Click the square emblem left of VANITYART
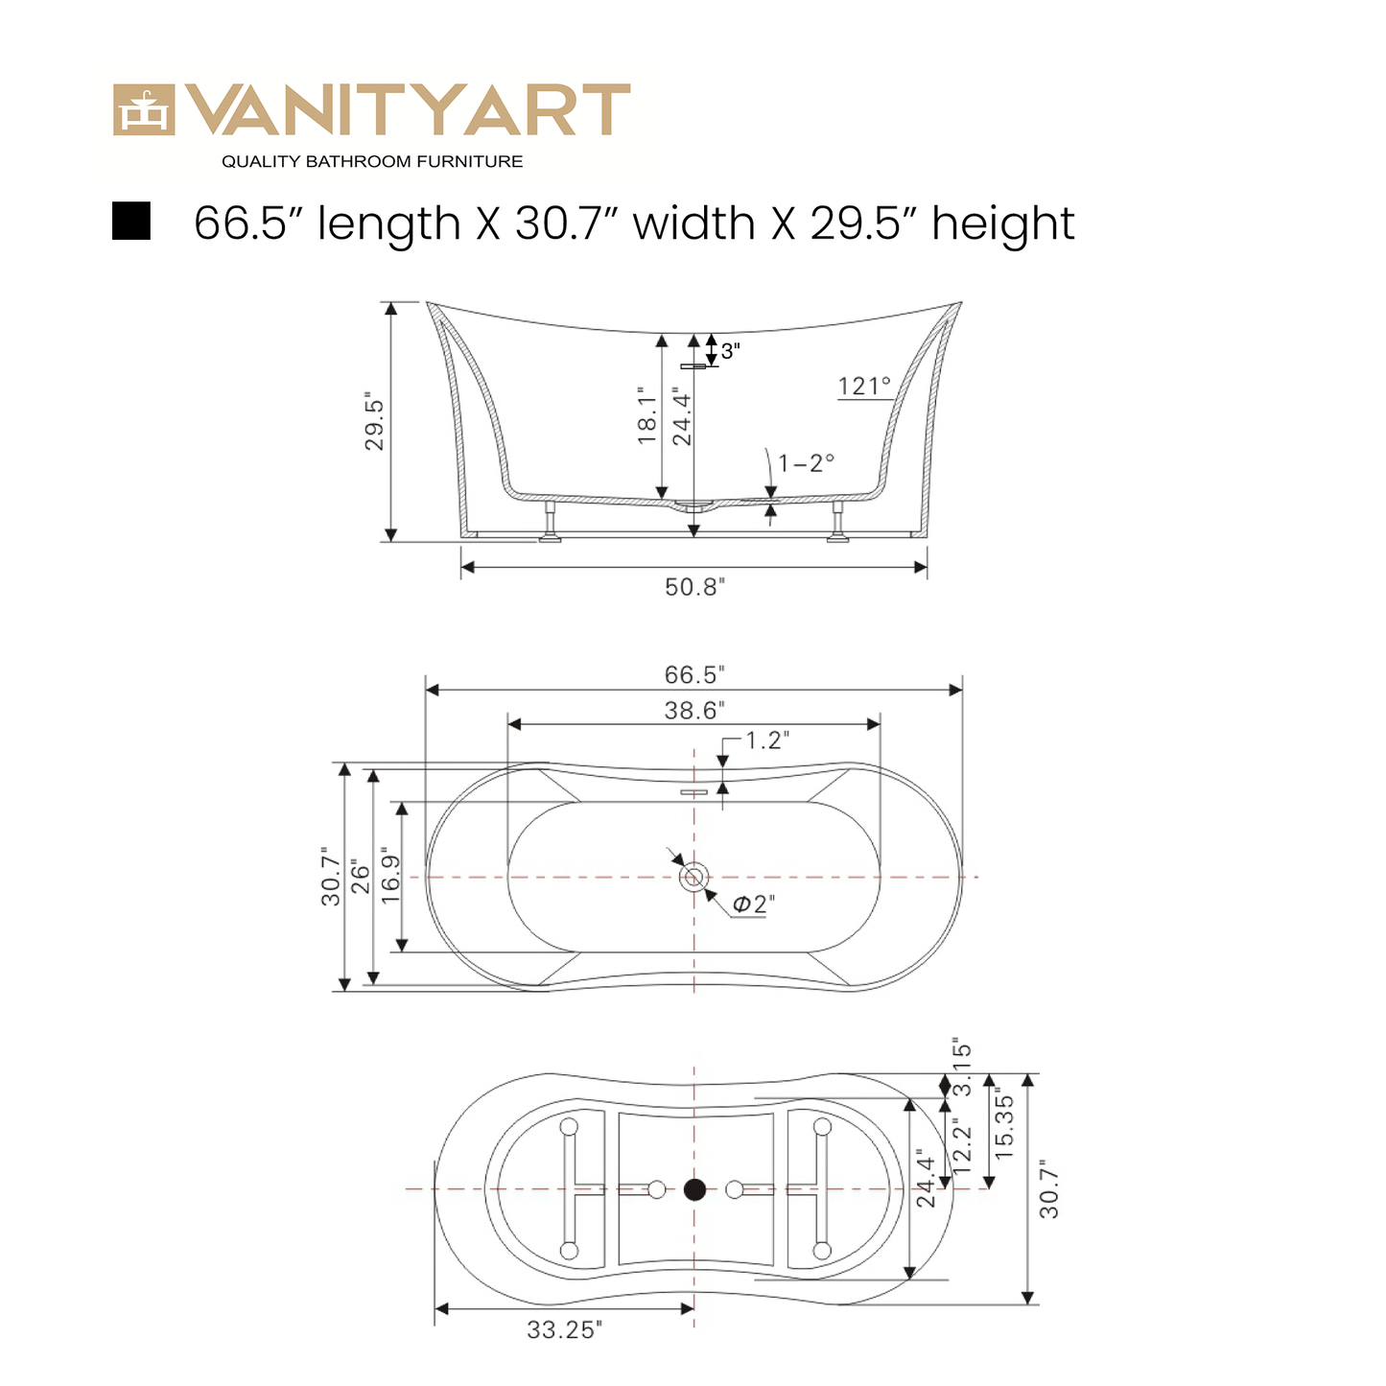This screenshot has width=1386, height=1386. (x=144, y=110)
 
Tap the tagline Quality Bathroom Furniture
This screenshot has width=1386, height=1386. (x=372, y=162)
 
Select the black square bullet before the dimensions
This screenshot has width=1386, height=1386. (x=131, y=221)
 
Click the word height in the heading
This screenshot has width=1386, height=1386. (x=1003, y=224)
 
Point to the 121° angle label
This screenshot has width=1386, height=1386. (x=864, y=387)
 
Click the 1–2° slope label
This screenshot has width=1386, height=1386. (x=806, y=463)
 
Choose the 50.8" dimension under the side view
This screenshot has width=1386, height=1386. (x=694, y=587)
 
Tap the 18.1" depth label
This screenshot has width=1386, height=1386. (x=647, y=416)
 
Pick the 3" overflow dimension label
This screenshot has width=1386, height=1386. (x=730, y=352)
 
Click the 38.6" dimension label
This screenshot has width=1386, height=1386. (x=693, y=711)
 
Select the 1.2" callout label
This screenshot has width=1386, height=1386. (x=767, y=740)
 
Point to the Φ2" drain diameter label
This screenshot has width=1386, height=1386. (x=753, y=904)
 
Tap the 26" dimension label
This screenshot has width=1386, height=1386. (x=361, y=876)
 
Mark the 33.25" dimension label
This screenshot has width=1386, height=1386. (x=564, y=1330)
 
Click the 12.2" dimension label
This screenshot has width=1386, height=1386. (x=962, y=1146)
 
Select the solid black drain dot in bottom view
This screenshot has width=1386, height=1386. (x=694, y=1190)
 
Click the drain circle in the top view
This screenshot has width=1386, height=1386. (x=693, y=877)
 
